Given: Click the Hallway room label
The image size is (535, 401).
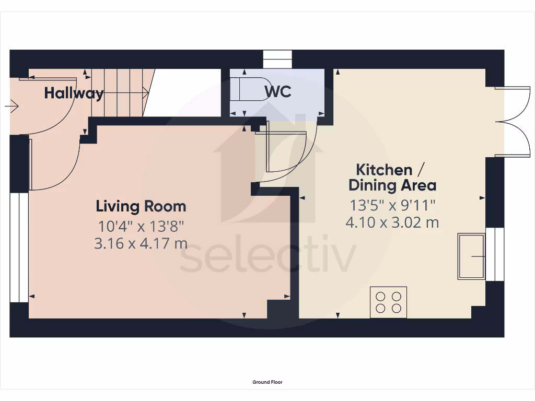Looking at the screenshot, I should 74,93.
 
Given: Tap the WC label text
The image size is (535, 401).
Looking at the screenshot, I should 277,92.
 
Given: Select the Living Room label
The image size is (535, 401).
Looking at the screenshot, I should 141,206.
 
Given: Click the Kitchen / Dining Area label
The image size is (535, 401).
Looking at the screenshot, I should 392,178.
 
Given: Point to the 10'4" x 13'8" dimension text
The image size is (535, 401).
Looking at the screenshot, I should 141,227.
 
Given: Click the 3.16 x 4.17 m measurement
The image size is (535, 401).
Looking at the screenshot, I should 141,243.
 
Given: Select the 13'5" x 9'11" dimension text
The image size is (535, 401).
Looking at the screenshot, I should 392,205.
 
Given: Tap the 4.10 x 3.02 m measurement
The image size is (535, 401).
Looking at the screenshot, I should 392,222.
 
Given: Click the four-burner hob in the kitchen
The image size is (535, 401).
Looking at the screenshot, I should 388,302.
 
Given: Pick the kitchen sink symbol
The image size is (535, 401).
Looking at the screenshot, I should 471,256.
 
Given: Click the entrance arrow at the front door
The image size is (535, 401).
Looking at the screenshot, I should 11,107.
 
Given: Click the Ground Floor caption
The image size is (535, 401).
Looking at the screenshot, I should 267,382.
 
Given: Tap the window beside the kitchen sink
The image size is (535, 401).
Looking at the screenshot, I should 494,254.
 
